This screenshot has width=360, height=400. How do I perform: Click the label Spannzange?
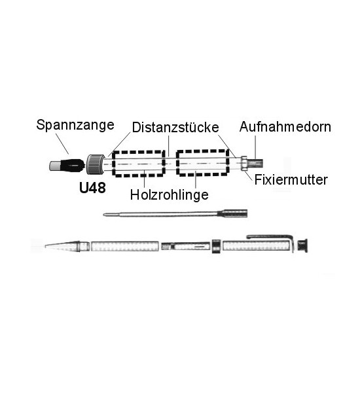[75, 125]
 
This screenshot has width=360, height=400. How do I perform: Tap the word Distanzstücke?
[175, 127]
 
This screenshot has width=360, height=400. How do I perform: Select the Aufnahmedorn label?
[285, 127]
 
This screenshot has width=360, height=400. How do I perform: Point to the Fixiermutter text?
[291, 180]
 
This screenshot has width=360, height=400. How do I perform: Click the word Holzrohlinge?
[169, 195]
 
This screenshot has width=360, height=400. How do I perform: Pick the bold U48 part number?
[92, 188]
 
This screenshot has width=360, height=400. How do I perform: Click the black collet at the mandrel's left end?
[67, 166]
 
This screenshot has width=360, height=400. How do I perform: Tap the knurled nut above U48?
[96, 164]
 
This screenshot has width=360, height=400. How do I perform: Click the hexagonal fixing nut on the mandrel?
[244, 163]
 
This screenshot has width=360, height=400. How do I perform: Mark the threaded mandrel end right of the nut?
[255, 163]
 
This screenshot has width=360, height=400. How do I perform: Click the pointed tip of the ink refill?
[104, 215]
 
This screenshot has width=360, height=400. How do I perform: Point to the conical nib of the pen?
[62, 246]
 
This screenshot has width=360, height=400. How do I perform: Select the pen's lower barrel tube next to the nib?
[124, 246]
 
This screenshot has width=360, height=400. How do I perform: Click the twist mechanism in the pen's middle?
[186, 246]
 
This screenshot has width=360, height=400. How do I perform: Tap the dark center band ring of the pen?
[217, 246]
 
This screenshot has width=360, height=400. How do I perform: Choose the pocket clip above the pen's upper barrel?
[271, 237]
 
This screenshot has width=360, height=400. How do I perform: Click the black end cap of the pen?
[302, 245]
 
